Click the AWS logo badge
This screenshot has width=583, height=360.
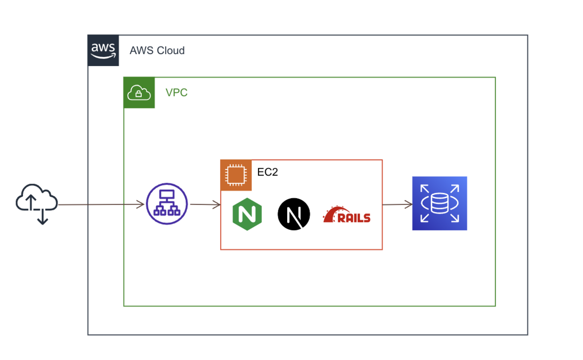[x=103, y=50]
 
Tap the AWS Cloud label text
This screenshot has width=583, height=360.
[x=157, y=51]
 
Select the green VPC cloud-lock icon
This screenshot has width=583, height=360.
[x=139, y=92]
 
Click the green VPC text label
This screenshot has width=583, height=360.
[x=176, y=93]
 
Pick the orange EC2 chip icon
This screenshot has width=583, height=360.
[x=236, y=175]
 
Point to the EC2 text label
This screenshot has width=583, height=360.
[x=268, y=172]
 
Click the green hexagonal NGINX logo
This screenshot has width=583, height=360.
[x=247, y=214]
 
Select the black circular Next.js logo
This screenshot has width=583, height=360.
[x=294, y=214]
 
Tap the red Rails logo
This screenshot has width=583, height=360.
[x=346, y=214]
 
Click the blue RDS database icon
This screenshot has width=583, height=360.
[x=440, y=203]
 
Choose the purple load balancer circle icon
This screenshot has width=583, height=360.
[x=167, y=204]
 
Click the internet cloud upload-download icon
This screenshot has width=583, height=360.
[x=37, y=204]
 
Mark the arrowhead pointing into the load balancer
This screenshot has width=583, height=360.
[x=141, y=205]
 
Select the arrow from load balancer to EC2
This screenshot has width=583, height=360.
[x=206, y=205]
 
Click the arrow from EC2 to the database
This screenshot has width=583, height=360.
[x=397, y=205]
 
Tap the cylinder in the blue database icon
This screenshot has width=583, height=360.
[x=440, y=203]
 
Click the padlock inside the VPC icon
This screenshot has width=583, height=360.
[x=139, y=93]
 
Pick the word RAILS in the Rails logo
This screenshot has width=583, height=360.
[x=354, y=218]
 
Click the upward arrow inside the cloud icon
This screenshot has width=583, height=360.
[x=31, y=202]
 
